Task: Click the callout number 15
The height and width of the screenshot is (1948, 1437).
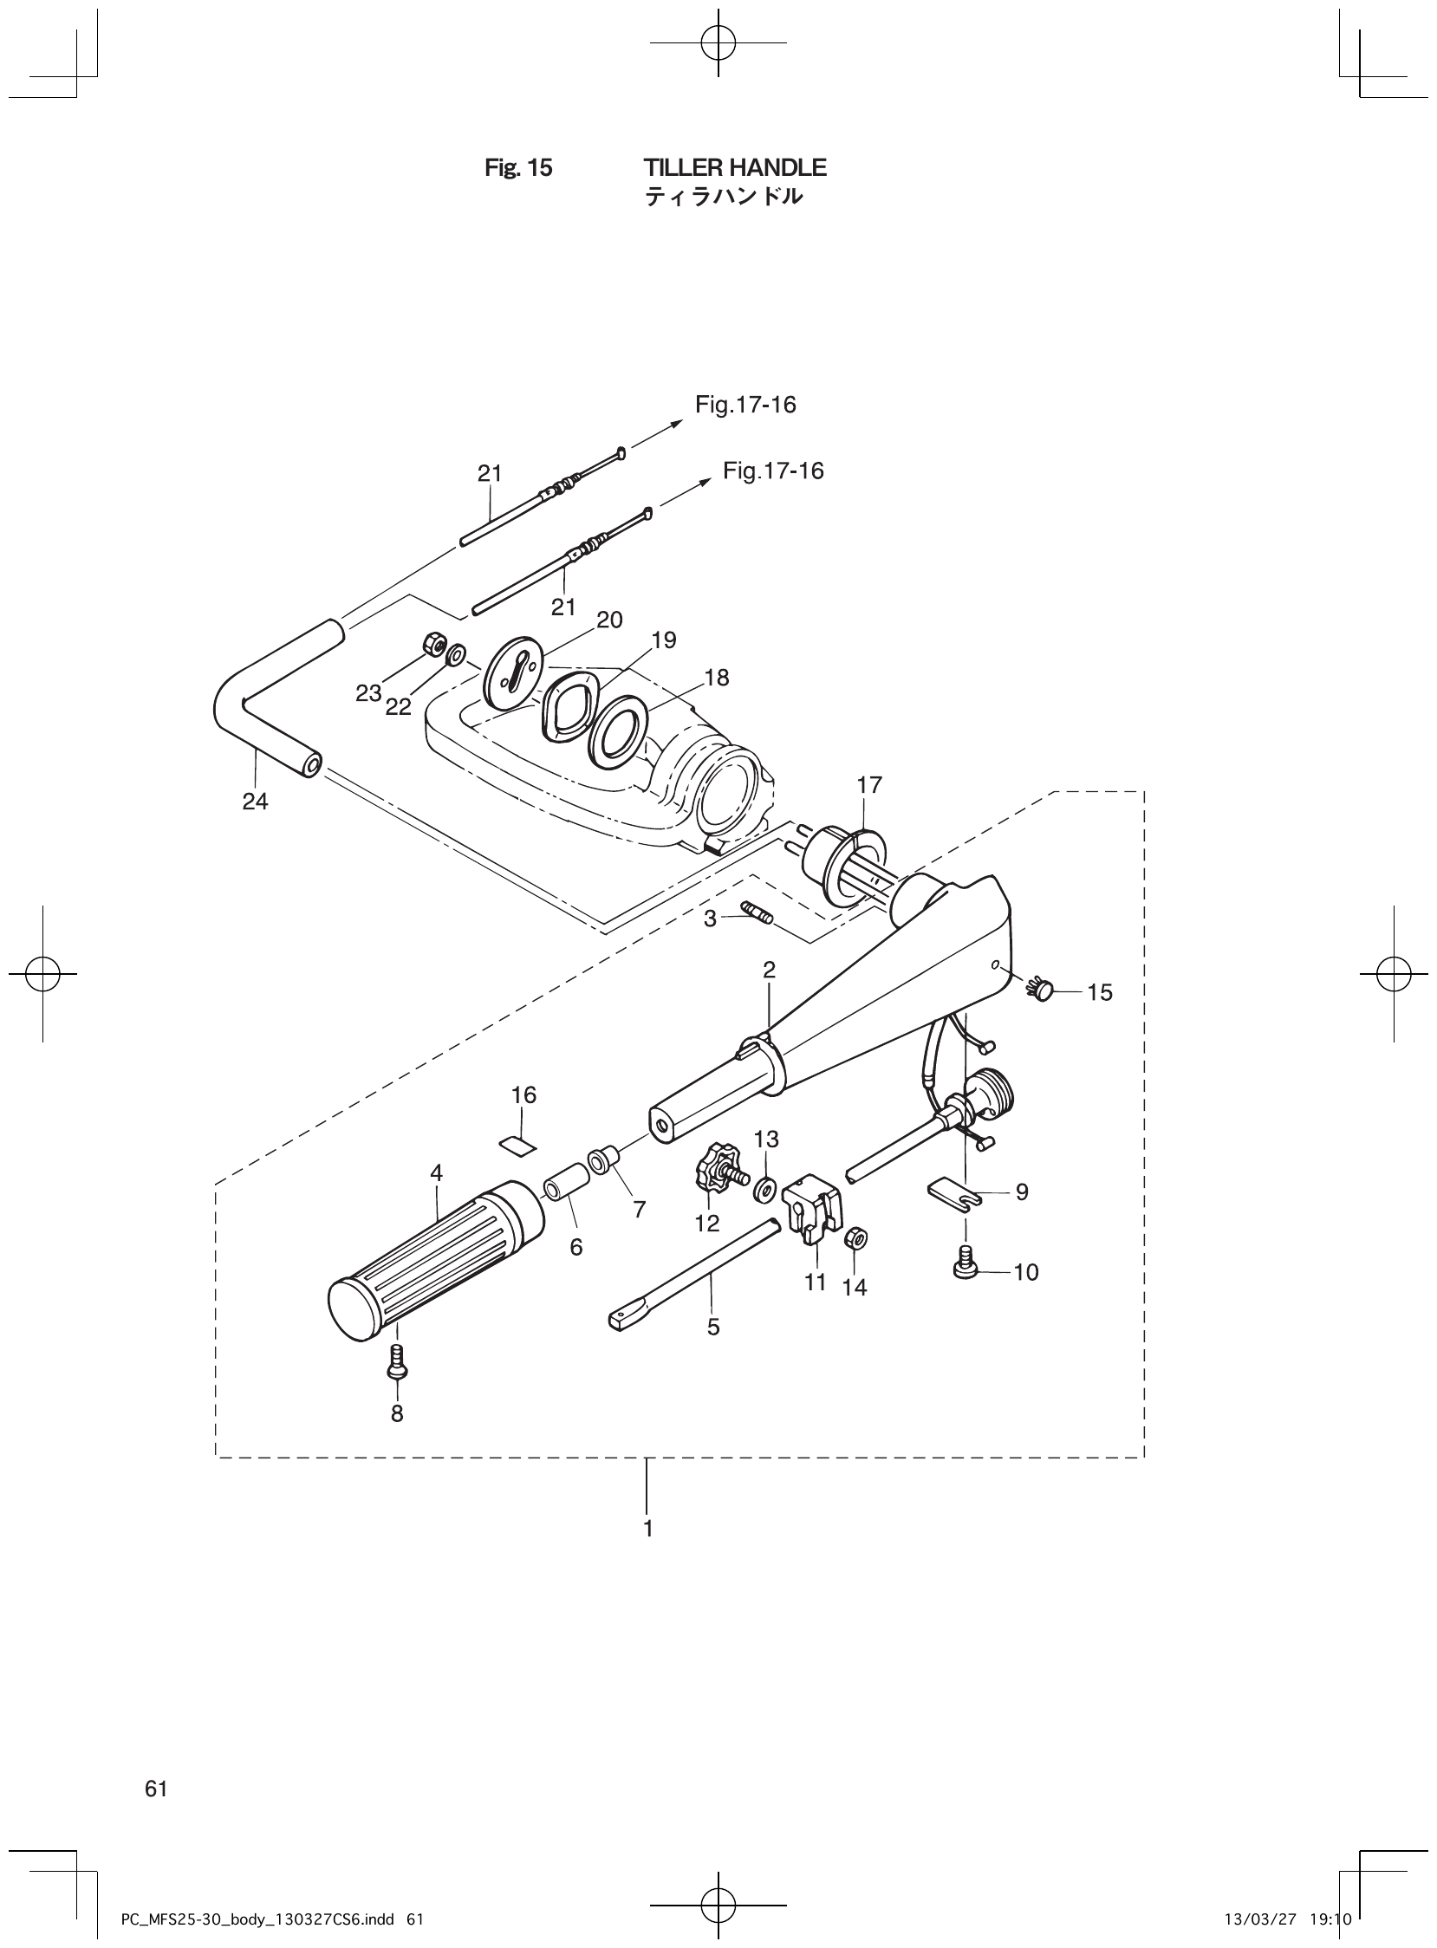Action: click(x=1100, y=992)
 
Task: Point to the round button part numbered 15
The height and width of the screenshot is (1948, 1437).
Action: click(x=1041, y=988)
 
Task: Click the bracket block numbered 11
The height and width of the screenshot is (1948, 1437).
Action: click(x=815, y=1202)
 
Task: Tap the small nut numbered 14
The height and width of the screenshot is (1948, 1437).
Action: click(x=855, y=1238)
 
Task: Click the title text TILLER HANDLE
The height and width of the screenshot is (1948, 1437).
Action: click(x=735, y=167)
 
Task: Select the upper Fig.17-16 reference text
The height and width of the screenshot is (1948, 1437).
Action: click(x=745, y=405)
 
